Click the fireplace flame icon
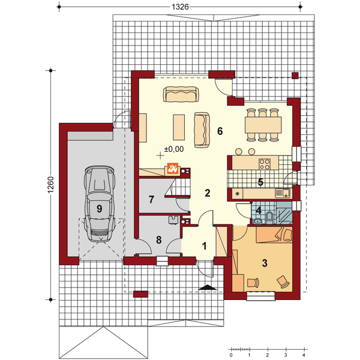tap(172, 168)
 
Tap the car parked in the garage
tap(99, 203)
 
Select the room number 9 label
tap(99, 209)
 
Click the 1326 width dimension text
tap(180, 7)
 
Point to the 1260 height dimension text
tap(51, 185)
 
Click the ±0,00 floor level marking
tap(174, 149)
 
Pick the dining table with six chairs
tap(263, 125)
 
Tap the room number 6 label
tap(220, 131)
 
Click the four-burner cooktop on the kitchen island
tap(264, 164)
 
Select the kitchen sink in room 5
tap(283, 193)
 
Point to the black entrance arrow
tap(208, 287)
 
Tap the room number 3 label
tap(265, 263)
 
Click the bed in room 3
tap(274, 235)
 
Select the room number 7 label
tap(151, 200)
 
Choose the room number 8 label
tap(158, 240)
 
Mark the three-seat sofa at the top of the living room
tap(181, 94)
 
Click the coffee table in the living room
tap(179, 127)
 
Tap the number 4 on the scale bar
tap(304, 355)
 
